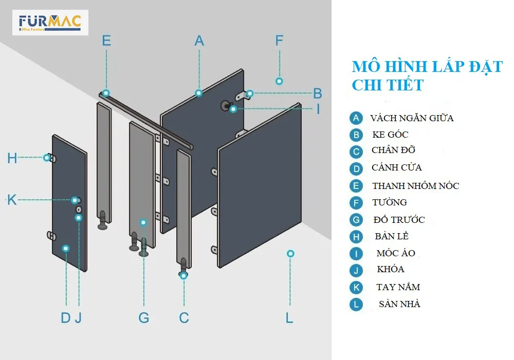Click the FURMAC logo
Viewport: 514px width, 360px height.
(50, 23)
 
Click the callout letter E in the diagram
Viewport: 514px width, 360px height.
(106, 41)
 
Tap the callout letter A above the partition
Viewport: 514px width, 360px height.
(199, 41)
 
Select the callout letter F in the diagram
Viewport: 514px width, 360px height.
(279, 41)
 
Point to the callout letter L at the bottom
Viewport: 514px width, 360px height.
(289, 318)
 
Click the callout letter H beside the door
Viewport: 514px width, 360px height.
(12, 158)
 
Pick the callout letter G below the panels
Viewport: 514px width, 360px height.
(144, 318)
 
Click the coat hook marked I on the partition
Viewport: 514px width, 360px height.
(226, 106)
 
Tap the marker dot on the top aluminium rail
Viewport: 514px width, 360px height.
(106, 93)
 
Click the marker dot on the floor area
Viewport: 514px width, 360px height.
(290, 253)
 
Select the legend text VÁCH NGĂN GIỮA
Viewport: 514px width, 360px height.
(412, 118)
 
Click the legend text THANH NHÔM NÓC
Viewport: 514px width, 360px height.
(415, 186)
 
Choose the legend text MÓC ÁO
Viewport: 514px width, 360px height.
(396, 253)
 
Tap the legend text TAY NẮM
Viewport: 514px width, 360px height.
(398, 287)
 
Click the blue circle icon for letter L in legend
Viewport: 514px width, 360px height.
(356, 304)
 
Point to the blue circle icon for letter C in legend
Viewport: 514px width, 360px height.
(356, 151)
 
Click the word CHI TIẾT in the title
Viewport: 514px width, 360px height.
(388, 85)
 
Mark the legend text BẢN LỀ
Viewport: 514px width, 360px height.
(392, 236)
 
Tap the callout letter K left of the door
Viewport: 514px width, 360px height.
(12, 200)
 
